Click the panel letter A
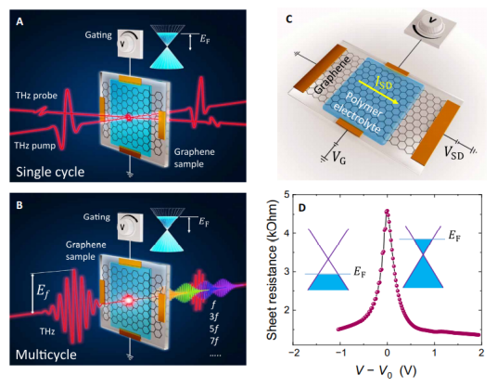tap(19, 21)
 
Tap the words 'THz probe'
tap(36, 96)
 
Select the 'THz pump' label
tap(35, 146)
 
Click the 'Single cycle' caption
tap(50, 172)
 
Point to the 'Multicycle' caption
tap(46, 355)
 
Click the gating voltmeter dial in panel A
tap(130, 44)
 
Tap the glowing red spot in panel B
tap(128, 300)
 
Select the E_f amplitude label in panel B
tap(44, 291)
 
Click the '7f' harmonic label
tap(214, 342)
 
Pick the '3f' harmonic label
tap(214, 317)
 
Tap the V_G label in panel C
tap(338, 156)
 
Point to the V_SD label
tap(453, 152)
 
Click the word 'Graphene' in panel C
tap(333, 75)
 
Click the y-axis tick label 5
tap(287, 195)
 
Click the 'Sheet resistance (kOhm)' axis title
tap(273, 270)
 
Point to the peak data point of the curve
tap(387, 211)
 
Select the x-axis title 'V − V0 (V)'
tap(387, 371)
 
